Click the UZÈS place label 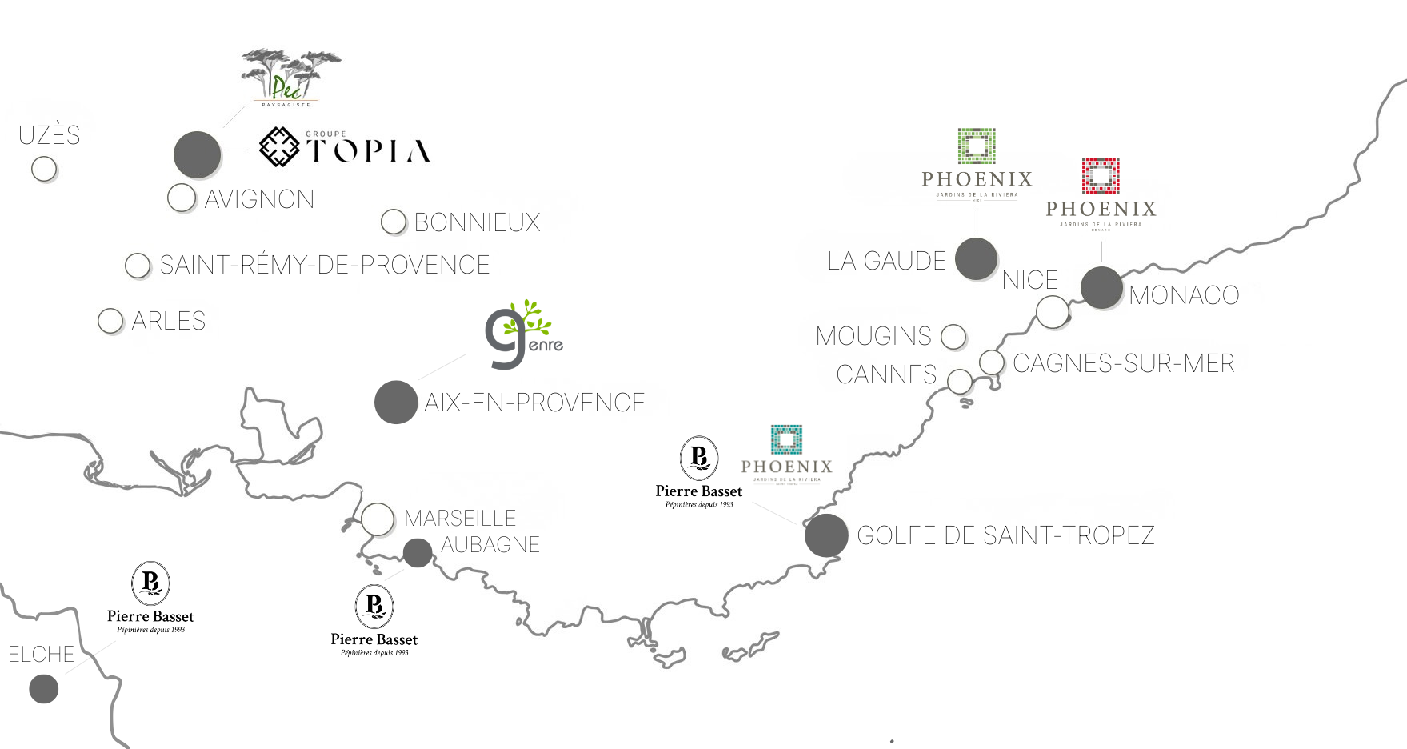(x=50, y=135)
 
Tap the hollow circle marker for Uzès (x=44, y=169)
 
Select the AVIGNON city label (x=259, y=199)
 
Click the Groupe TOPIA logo (x=345, y=148)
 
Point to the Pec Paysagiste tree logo (x=290, y=78)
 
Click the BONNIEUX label (x=477, y=222)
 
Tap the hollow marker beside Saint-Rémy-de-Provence (x=138, y=266)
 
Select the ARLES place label (x=168, y=321)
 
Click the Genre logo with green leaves (x=524, y=335)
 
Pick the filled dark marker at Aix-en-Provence (x=396, y=402)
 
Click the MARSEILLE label (x=460, y=519)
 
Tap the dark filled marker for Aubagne (x=418, y=552)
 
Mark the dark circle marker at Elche (x=44, y=688)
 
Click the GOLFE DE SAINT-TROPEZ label (x=1005, y=535)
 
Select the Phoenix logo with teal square (x=786, y=454)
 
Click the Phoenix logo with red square (x=1101, y=194)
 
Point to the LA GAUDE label (x=886, y=261)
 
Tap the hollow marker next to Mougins (x=953, y=337)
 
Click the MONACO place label (x=1184, y=295)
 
